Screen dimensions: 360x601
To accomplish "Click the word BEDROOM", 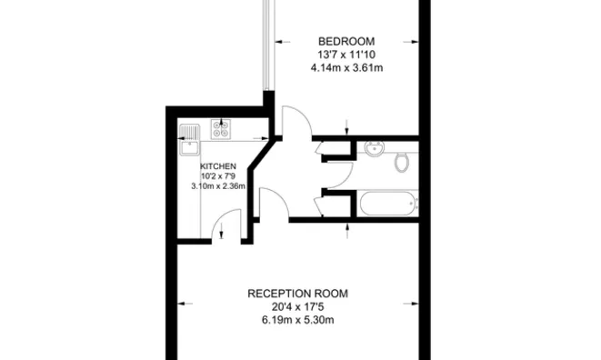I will (345, 41).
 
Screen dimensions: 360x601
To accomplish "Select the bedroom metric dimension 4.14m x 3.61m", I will (345, 67).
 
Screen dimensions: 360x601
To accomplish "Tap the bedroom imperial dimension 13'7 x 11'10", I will (345, 55).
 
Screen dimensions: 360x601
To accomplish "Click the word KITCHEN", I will (218, 166).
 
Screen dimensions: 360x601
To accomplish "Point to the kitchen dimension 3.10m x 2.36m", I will (218, 186).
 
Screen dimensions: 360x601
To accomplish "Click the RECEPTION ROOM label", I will (298, 294).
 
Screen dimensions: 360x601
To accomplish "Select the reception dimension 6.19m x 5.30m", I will (298, 320).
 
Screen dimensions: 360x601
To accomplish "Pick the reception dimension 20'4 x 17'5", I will (298, 307).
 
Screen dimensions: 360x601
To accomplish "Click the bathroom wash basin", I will (375, 148).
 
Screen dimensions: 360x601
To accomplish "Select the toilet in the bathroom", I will (401, 163).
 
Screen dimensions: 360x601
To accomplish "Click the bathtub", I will (387, 204).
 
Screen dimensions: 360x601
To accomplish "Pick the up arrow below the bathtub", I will (347, 226).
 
